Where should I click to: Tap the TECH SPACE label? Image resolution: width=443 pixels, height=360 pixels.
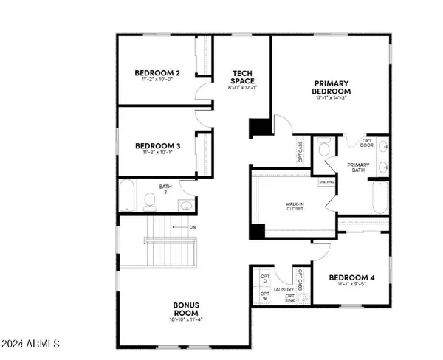242,76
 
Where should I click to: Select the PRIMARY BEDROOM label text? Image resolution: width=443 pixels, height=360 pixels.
331,87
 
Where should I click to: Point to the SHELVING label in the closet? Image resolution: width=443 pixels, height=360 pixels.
326,181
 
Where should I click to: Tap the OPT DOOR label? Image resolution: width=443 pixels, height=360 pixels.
365,143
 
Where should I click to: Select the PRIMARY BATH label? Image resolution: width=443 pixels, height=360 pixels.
357,167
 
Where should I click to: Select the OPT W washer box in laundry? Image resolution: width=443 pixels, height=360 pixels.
264,296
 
